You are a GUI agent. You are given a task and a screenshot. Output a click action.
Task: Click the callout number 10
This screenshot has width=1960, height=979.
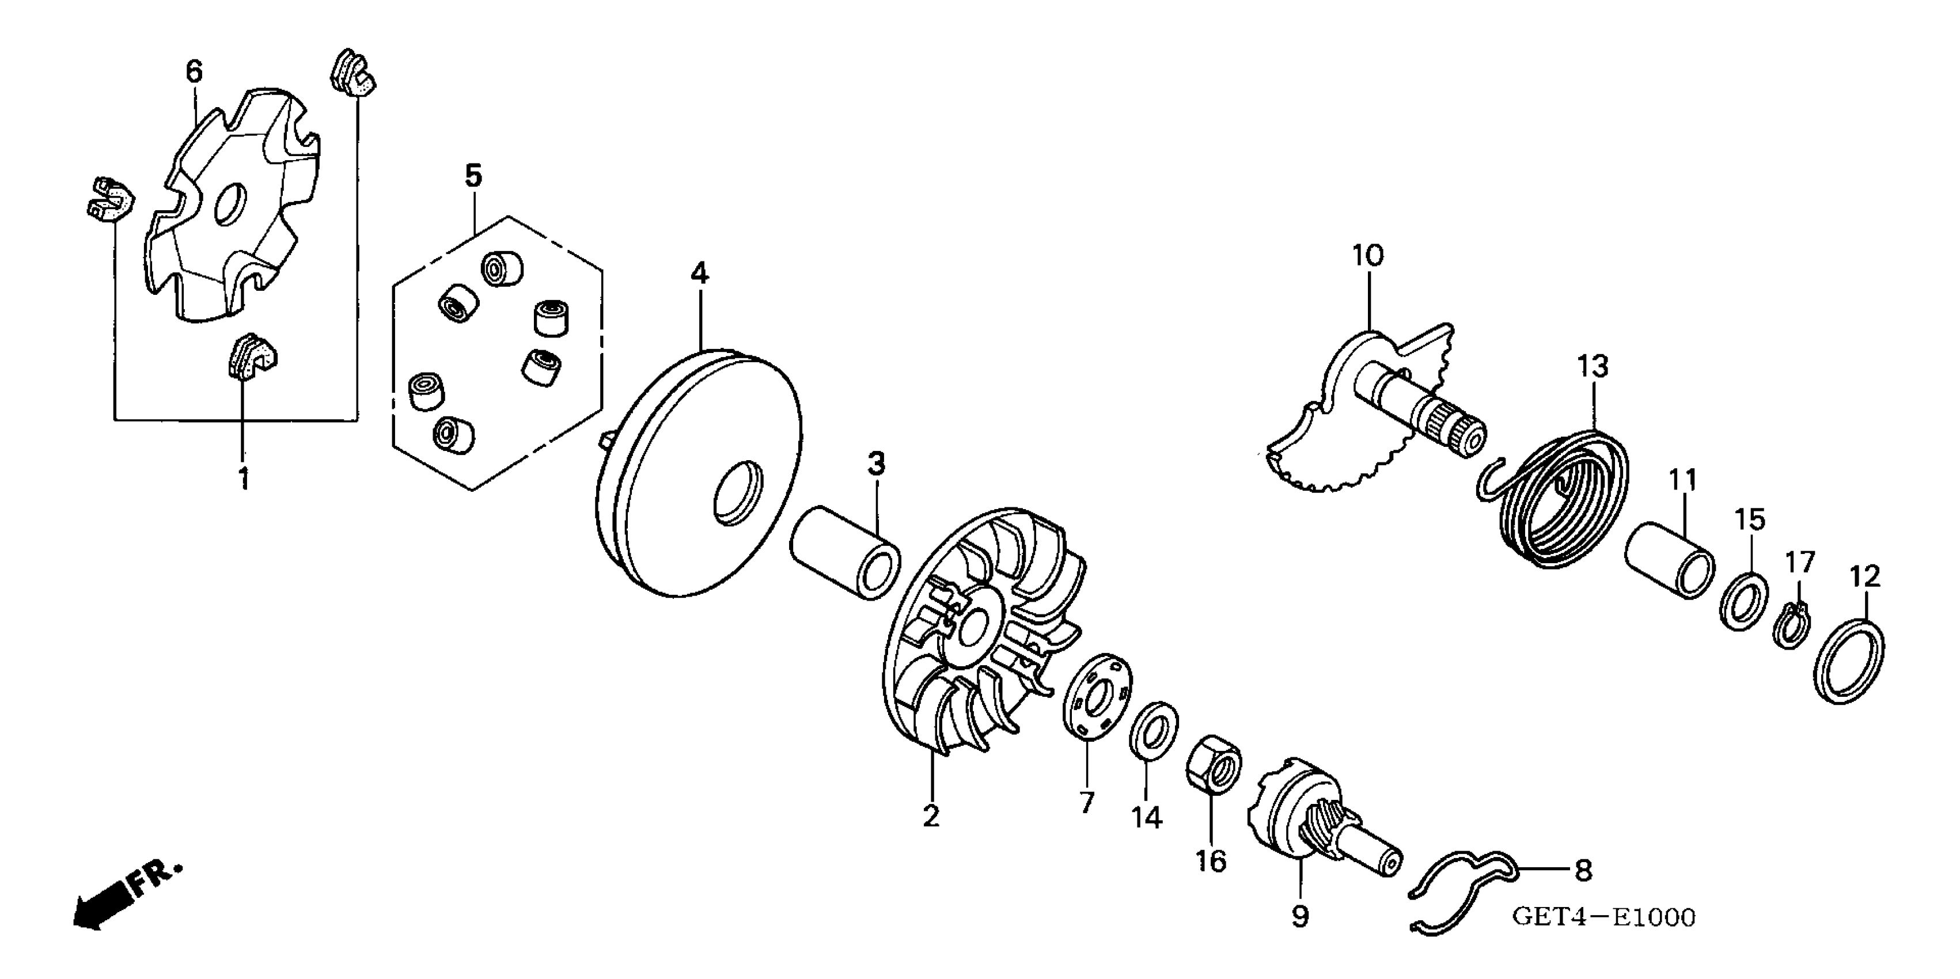coord(1367,256)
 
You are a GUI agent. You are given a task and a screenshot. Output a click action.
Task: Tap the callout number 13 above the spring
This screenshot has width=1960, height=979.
coord(1593,367)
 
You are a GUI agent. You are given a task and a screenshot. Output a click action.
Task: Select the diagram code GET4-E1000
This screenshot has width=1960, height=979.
coord(1603,917)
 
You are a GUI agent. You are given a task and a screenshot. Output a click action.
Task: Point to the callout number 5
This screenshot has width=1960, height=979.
coord(473,176)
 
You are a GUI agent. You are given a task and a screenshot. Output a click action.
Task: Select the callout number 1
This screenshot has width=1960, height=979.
coord(244,479)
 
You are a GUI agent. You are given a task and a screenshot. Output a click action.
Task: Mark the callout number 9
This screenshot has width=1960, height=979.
coord(1301,916)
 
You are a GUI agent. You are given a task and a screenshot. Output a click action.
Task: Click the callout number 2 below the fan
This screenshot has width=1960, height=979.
coord(931,815)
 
